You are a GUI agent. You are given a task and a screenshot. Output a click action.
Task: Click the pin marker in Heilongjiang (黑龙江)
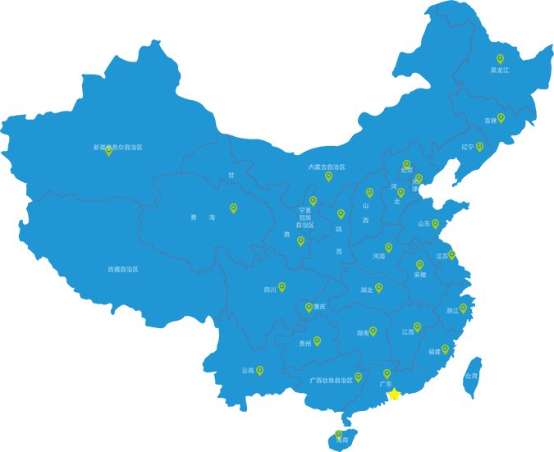pyautogui.click(x=500, y=58)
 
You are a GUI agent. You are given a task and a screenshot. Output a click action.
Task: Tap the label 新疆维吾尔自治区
pyautogui.click(x=118, y=148)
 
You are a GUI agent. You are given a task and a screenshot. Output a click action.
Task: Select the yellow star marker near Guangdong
pyautogui.click(x=395, y=395)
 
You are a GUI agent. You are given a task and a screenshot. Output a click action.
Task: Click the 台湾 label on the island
pyautogui.click(x=471, y=376)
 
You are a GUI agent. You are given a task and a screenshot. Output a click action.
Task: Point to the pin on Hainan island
pyautogui.click(x=338, y=433)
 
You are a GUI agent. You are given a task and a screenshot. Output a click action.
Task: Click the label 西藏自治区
pyautogui.click(x=122, y=269)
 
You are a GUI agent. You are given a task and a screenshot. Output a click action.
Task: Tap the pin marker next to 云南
pyautogui.click(x=259, y=370)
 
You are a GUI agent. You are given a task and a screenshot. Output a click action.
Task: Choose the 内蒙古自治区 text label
pyautogui.click(x=327, y=167)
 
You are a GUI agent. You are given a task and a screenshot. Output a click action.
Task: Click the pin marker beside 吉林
pyautogui.click(x=501, y=117)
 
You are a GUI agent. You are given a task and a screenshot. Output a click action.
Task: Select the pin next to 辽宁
pyautogui.click(x=479, y=146)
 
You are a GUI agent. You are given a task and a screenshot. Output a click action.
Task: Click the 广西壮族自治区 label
pyautogui.click(x=331, y=381)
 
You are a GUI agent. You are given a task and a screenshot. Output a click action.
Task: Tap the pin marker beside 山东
pyautogui.click(x=435, y=222)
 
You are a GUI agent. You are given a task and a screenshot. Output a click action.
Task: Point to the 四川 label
pyautogui.click(x=270, y=290)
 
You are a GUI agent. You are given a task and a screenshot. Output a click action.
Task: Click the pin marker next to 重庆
pyautogui.click(x=309, y=307)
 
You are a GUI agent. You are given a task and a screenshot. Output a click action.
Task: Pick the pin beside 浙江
pyautogui.click(x=463, y=308)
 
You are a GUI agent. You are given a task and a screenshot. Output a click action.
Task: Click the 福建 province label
pyautogui.click(x=434, y=352)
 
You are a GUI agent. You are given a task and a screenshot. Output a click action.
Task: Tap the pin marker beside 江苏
pyautogui.click(x=451, y=254)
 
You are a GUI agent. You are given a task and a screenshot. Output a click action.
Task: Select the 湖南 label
pyautogui.click(x=363, y=334)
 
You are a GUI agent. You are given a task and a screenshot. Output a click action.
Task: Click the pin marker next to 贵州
pyautogui.click(x=317, y=340)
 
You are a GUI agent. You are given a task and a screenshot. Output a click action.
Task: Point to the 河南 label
pyautogui.click(x=378, y=257)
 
